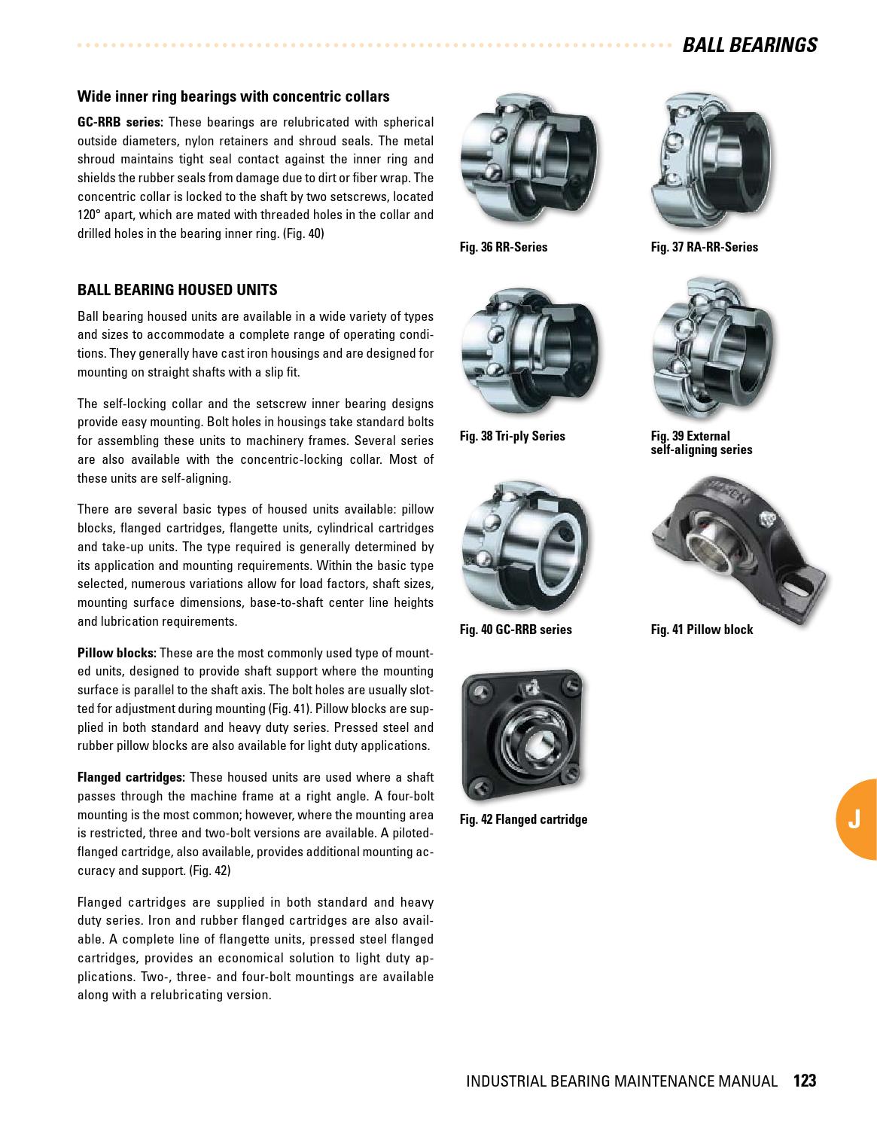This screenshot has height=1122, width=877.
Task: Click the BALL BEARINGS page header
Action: click(749, 45)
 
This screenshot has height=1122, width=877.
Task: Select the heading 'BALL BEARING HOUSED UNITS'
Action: click(177, 290)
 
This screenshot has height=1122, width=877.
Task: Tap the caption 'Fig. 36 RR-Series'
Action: click(503, 247)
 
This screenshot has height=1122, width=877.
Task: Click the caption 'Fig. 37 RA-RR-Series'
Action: click(704, 247)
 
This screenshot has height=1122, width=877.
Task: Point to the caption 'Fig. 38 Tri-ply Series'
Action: click(512, 436)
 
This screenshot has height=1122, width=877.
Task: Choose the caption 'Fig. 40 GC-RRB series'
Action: click(515, 630)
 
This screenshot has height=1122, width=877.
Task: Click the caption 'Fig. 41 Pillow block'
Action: click(701, 630)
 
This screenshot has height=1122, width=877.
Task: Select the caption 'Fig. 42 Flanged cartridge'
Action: click(523, 819)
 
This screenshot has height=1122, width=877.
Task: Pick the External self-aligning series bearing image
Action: click(711, 350)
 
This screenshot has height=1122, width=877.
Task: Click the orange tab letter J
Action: click(854, 820)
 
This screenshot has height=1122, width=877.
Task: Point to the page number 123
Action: click(804, 1081)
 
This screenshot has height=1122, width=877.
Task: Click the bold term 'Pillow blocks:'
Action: click(117, 653)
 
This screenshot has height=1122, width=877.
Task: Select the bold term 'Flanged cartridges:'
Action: click(131, 777)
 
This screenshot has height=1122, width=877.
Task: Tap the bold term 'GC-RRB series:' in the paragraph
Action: click(120, 122)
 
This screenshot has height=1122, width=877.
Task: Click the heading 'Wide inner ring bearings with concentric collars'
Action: click(233, 96)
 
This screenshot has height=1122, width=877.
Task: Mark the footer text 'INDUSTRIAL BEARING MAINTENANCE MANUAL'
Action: click(621, 1081)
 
